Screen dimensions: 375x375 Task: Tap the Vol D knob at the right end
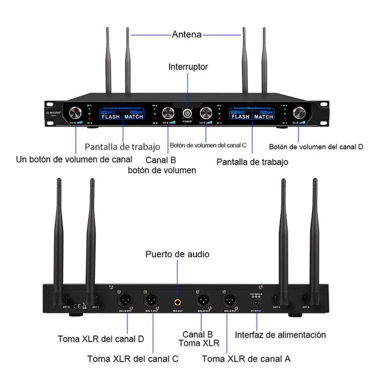coord(298,112)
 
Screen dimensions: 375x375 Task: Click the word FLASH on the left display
coord(111,116)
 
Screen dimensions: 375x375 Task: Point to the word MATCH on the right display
coord(264,116)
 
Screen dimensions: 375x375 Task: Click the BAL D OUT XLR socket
coord(122,300)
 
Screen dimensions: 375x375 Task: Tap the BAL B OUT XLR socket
coord(203,300)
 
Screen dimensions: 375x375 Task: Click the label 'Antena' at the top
coord(186,35)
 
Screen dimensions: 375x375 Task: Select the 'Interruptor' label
coord(188,67)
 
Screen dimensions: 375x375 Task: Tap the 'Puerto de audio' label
coord(177,254)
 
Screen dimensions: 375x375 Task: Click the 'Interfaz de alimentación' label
coord(280,335)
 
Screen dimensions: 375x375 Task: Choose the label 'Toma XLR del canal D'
coord(101,339)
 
